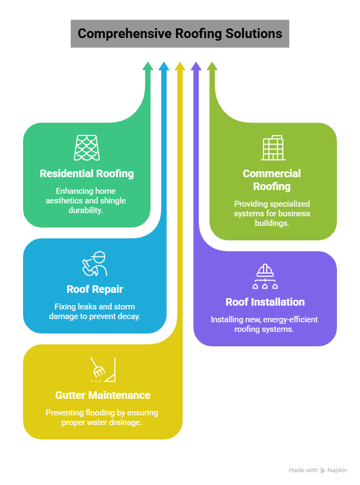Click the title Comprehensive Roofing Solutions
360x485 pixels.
179,34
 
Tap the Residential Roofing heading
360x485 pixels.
87,173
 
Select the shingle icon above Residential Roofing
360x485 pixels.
87,147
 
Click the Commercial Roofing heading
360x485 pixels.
272,180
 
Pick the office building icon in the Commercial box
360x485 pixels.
273,148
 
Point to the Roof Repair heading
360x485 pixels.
95,289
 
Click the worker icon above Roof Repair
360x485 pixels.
95,263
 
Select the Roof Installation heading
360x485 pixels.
265,302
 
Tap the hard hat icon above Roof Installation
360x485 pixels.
265,276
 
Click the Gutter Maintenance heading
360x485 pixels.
103,395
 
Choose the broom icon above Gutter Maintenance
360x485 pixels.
103,369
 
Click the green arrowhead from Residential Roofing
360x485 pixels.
148,66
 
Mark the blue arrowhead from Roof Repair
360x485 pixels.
164,66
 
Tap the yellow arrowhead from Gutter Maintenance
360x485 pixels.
180,66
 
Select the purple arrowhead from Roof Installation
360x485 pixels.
196,66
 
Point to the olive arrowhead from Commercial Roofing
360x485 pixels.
212,66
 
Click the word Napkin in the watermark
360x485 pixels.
337,470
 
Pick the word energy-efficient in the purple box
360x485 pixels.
292,320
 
